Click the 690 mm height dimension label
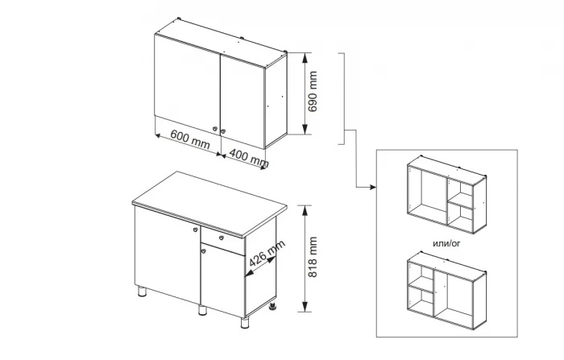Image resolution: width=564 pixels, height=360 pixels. click(x=313, y=92)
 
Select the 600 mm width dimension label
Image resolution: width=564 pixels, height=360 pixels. click(x=190, y=139)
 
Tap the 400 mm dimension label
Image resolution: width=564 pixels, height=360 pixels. click(x=249, y=158)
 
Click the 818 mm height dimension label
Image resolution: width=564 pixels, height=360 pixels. click(x=313, y=257)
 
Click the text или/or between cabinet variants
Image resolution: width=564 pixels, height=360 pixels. click(x=446, y=243)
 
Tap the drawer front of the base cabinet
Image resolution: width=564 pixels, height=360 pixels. click(x=222, y=241)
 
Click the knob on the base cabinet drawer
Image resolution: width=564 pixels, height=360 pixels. click(x=222, y=238)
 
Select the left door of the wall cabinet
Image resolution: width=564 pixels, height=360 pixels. click(x=187, y=85)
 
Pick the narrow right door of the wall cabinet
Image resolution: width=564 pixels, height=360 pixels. click(x=243, y=101)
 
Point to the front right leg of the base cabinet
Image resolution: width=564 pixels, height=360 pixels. click(x=245, y=323)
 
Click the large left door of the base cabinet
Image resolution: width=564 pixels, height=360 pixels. click(x=168, y=254)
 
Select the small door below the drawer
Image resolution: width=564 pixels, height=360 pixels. click(x=222, y=280)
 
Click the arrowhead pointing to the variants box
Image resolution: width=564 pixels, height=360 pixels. click(x=373, y=187)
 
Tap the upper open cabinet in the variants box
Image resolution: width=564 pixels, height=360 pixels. click(x=446, y=195)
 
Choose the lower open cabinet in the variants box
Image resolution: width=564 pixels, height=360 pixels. click(x=446, y=290)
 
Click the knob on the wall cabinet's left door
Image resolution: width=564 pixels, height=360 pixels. click(x=215, y=129)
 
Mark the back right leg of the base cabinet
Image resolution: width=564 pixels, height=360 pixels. click(x=273, y=307)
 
